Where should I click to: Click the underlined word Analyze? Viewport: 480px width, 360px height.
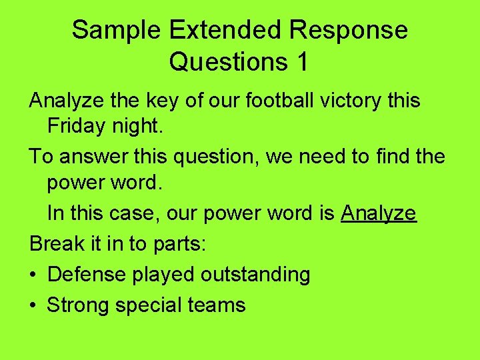(x=379, y=213)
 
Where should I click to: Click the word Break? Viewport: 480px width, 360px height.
(x=55, y=243)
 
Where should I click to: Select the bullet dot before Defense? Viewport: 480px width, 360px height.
(x=33, y=275)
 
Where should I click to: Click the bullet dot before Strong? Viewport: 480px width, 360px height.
(x=33, y=305)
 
